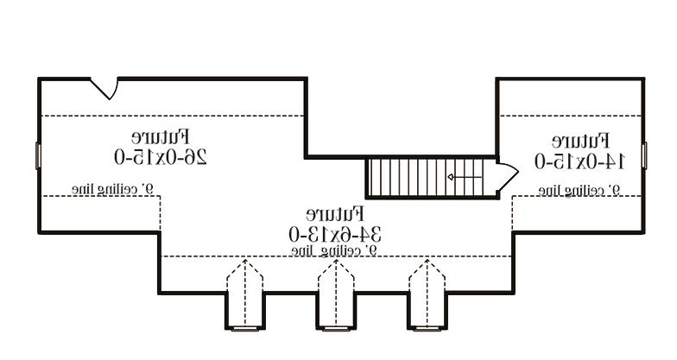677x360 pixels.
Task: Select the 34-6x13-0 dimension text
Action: [335, 233]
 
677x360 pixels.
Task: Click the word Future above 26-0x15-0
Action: [161, 136]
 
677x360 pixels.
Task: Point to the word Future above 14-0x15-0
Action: [580, 140]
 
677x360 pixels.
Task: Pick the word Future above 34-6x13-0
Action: [335, 213]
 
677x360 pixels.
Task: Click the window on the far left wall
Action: [38, 155]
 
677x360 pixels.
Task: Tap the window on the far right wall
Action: [644, 155]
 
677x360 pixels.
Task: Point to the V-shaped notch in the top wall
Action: [106, 87]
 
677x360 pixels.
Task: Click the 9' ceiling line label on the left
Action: [111, 187]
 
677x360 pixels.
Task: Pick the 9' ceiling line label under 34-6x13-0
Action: [335, 250]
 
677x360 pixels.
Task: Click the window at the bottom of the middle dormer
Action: [336, 328]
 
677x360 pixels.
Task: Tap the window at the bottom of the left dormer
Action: [244, 328]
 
